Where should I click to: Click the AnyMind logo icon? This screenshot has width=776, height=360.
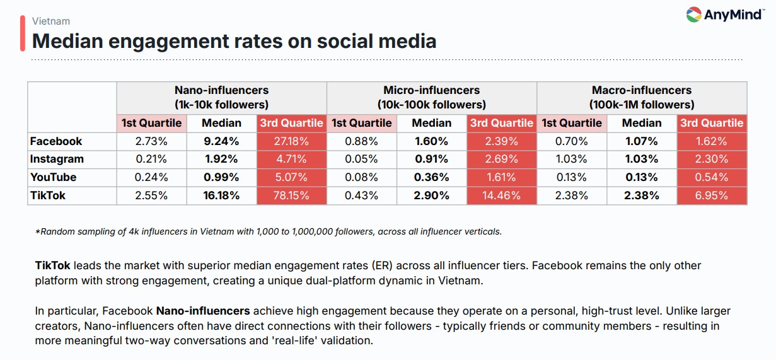693,15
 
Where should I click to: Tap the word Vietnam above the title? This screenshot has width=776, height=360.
51,21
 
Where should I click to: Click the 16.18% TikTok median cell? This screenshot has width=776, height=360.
221,195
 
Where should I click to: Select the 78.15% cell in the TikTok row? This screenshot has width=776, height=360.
291,195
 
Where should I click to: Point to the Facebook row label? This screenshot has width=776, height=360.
56,141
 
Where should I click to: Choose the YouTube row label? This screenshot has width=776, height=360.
53,177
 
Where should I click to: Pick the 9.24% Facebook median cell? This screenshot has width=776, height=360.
221,141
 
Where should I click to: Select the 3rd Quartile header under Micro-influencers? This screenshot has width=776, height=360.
501,123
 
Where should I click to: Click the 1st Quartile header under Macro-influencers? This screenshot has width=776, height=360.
572,123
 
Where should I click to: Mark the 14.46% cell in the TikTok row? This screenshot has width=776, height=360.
501,195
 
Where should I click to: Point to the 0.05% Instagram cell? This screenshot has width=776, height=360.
361,159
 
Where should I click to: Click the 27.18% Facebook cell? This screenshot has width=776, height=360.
291,141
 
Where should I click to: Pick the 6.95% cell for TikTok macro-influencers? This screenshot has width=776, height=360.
712,195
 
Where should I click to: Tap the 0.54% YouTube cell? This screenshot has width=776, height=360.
712,177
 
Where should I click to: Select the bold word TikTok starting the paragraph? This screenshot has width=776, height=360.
52,265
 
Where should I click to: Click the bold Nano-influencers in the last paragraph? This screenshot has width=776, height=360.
203,311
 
